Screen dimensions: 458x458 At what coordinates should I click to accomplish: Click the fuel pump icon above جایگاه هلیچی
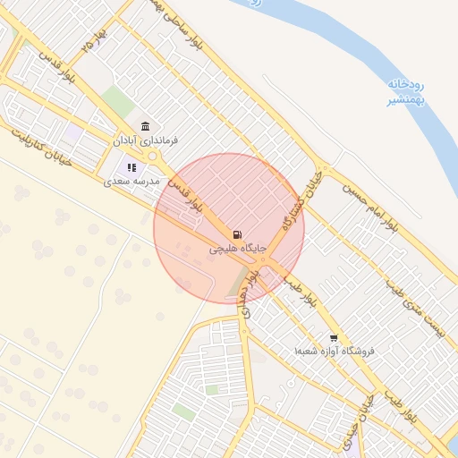(x=236, y=233)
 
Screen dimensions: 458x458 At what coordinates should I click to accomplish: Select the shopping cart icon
(x=334, y=338)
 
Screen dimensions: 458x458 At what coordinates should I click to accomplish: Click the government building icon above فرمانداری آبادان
(x=145, y=126)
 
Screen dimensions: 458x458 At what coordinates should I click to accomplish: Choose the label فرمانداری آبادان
(x=146, y=140)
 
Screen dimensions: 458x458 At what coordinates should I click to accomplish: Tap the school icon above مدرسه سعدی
(x=131, y=166)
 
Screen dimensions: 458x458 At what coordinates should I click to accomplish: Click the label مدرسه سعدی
(x=131, y=181)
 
